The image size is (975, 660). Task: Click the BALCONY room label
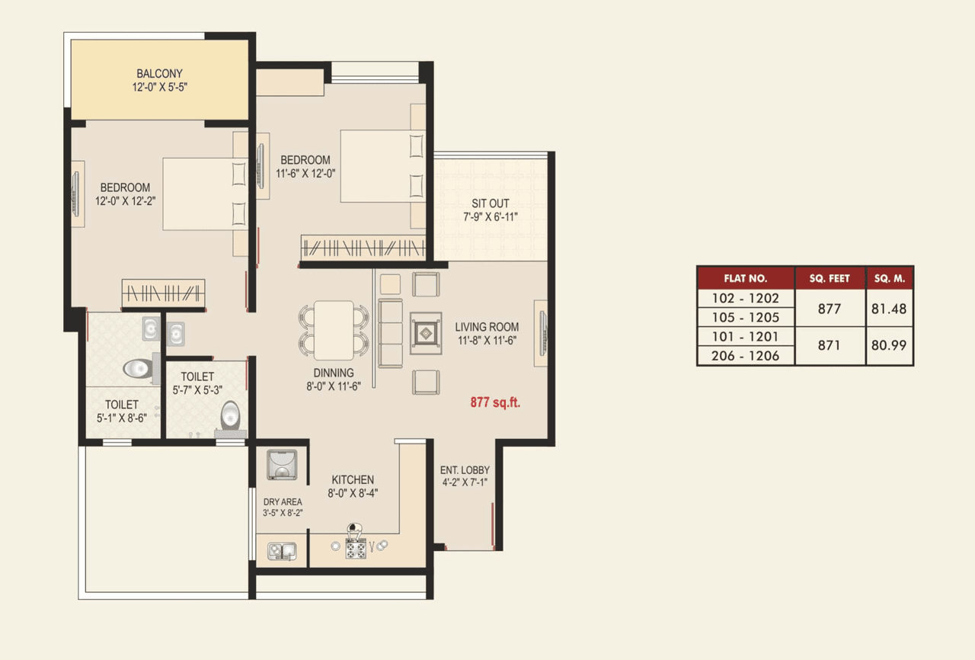pos(159,74)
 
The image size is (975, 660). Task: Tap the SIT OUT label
pos(491,204)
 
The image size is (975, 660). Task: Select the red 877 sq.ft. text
pos(494,402)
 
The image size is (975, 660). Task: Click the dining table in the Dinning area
pos(334,330)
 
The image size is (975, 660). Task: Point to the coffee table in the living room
pos(424,333)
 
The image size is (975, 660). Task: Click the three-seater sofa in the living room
pos(391,333)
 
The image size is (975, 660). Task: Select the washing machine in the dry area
pos(281,465)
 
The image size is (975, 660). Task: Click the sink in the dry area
pos(281,549)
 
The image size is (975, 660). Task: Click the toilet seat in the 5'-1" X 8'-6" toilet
pos(137,368)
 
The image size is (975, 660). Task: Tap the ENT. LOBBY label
pos(465,470)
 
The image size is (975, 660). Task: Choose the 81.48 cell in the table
pos(889,309)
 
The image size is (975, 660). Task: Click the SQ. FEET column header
pos(830,278)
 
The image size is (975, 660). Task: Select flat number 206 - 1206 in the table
pos(745,356)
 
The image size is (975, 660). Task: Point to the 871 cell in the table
pos(830,345)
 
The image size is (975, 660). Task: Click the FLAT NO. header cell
pos(745,278)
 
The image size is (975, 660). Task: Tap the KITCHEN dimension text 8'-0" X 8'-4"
pos(353,493)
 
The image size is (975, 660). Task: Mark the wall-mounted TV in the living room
pos(542,333)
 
